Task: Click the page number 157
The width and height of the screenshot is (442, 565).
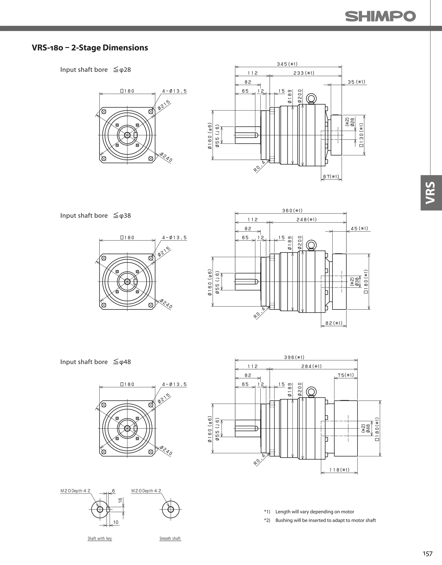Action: point(428,553)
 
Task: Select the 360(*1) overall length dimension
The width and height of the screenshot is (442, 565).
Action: point(292,211)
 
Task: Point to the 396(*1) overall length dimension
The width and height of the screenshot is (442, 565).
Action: point(294,357)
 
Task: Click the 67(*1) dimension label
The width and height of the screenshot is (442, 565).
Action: point(331,177)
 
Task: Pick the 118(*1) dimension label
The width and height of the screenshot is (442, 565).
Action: point(339,470)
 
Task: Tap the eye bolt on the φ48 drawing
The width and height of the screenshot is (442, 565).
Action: point(311,392)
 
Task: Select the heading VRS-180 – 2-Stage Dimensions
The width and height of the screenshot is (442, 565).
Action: point(90,48)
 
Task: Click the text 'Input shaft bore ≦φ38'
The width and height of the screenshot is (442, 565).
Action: point(95,215)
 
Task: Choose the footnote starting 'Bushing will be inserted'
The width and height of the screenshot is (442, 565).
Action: point(325,520)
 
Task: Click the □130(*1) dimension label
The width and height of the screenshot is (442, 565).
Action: point(361,135)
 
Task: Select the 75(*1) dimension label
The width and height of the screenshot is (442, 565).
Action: point(345,375)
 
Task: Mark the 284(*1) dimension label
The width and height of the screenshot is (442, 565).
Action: point(311,366)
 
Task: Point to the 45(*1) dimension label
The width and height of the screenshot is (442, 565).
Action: point(359,228)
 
